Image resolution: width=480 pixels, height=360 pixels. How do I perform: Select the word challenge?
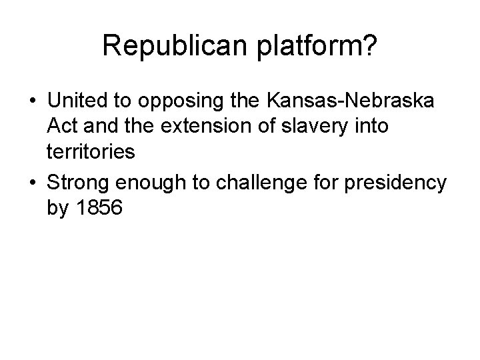click(259, 183)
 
